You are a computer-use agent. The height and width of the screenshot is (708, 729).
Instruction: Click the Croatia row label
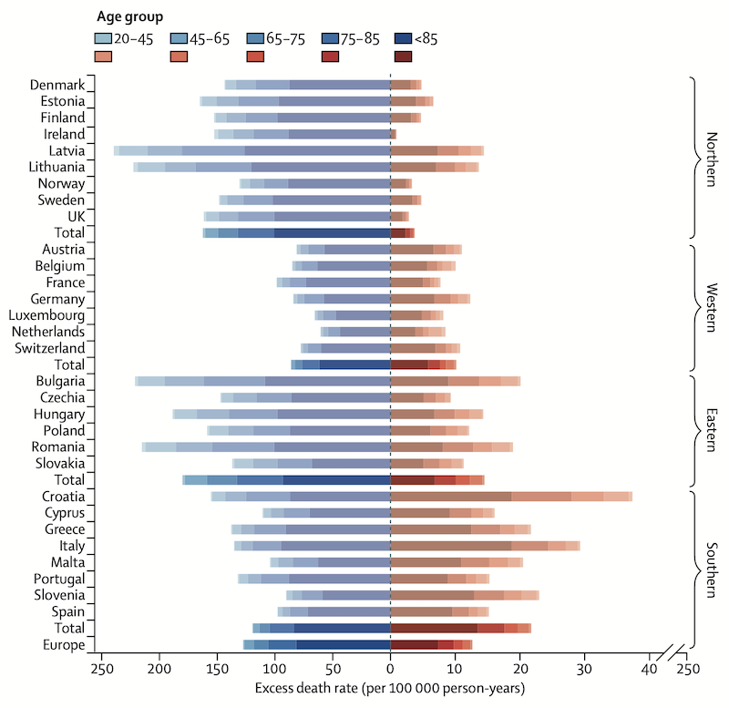coord(64,497)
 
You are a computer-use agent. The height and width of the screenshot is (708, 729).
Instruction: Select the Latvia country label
coord(67,150)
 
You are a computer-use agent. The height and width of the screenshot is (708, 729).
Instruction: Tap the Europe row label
coord(64,645)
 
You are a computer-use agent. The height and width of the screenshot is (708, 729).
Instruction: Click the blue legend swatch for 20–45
coord(103,39)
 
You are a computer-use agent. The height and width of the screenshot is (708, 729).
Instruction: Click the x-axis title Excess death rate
coord(389,689)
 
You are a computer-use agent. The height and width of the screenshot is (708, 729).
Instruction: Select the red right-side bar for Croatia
coord(510,497)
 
